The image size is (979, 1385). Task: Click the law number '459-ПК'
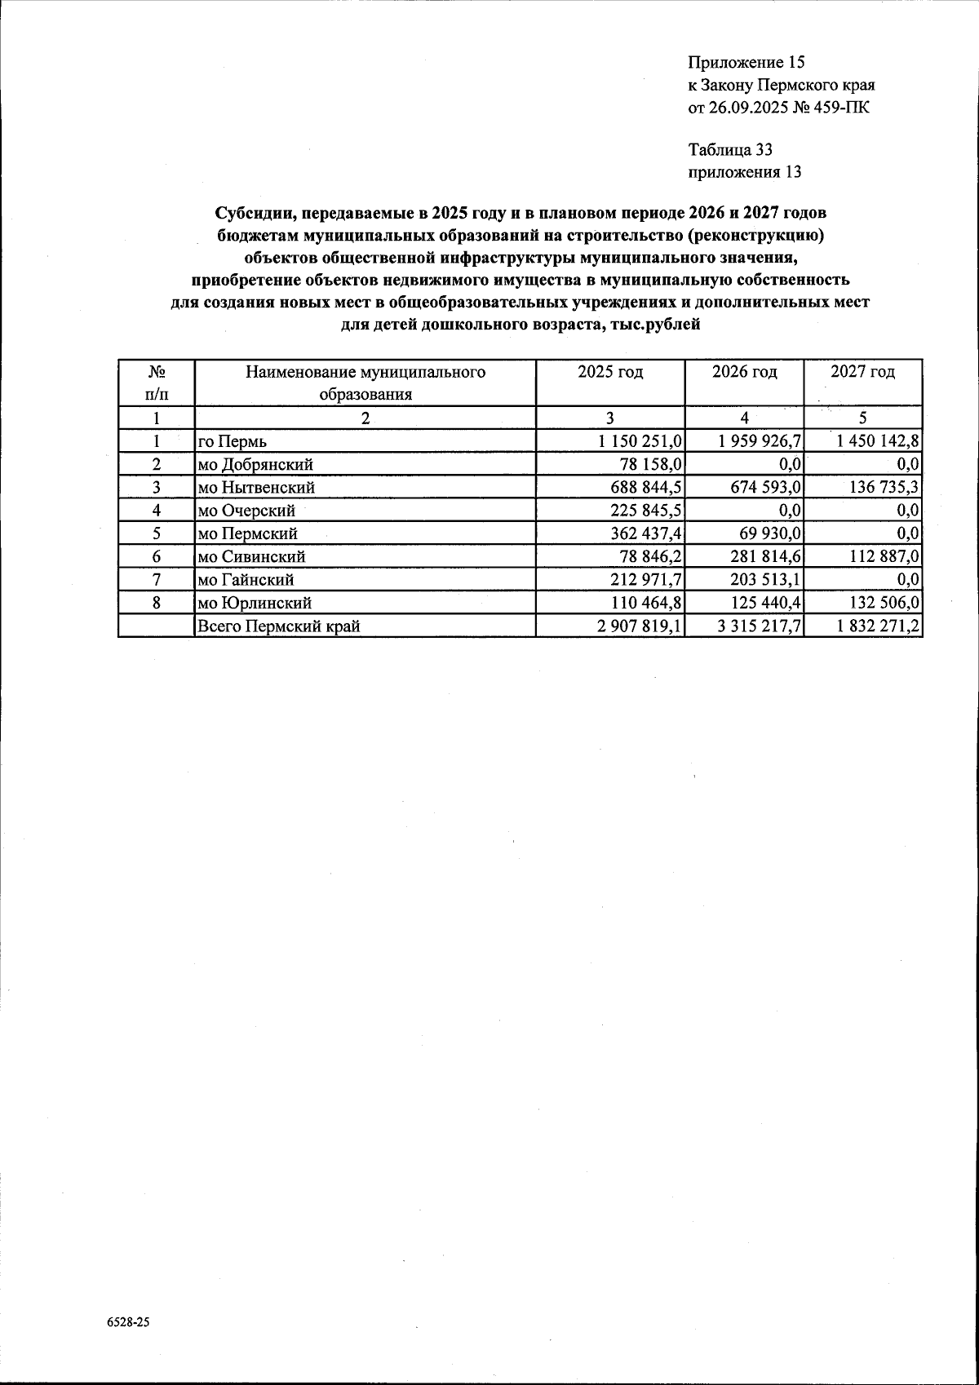(x=841, y=107)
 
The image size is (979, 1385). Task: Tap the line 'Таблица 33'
(x=730, y=150)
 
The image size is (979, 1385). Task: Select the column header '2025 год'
(x=610, y=372)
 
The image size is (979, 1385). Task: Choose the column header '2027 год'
(x=862, y=372)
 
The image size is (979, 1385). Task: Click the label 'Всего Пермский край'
(x=279, y=626)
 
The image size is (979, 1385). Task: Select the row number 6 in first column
(x=155, y=557)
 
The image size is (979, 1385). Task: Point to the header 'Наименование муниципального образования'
(x=365, y=383)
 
